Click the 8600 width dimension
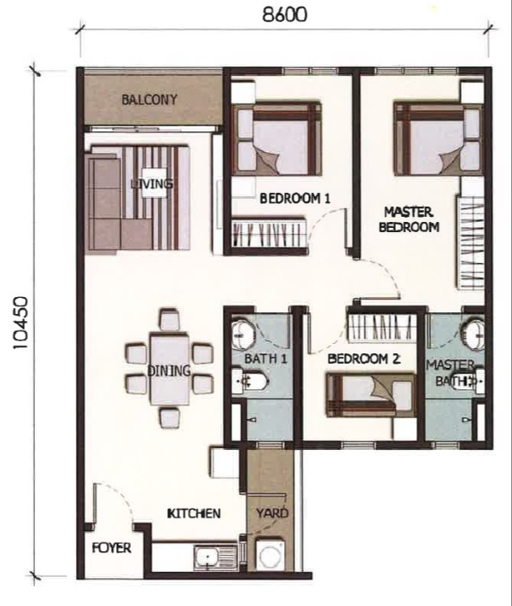click(285, 15)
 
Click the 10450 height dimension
click(20, 323)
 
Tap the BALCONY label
click(149, 100)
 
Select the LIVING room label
click(152, 184)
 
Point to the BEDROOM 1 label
click(295, 199)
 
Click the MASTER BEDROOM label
click(409, 219)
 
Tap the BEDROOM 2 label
click(364, 358)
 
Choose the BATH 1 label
click(266, 358)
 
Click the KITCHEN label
click(194, 513)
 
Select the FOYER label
click(112, 548)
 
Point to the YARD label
click(272, 513)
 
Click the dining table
click(171, 370)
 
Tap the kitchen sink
click(216, 557)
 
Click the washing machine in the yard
click(271, 555)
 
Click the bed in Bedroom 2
click(370, 394)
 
